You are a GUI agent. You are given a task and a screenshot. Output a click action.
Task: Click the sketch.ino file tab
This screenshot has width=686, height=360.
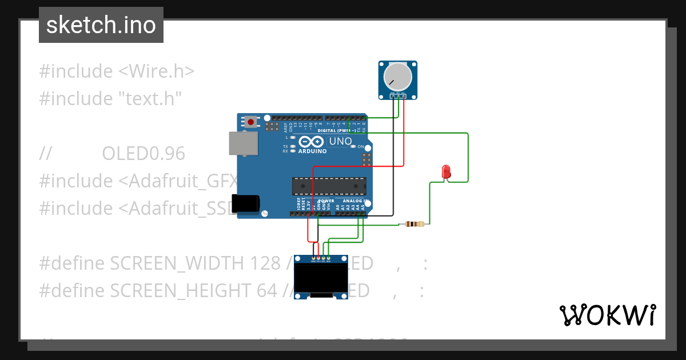click(x=101, y=25)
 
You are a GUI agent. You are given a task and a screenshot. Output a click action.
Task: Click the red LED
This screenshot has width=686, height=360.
click(x=446, y=171)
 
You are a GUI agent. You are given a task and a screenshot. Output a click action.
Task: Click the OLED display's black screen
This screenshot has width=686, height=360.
click(x=321, y=278)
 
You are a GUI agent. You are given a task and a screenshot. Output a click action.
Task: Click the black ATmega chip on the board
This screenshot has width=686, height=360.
click(x=329, y=186)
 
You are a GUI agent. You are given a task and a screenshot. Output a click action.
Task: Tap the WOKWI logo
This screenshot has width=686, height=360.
click(x=607, y=315)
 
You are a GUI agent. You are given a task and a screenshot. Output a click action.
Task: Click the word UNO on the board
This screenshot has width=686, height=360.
click(x=340, y=141)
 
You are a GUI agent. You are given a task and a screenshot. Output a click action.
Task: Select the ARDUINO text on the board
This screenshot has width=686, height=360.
click(x=312, y=151)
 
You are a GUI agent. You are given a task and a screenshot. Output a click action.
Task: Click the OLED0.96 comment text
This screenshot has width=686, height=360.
click(x=143, y=154)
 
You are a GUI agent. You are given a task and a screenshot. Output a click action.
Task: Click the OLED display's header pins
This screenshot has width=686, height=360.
click(x=321, y=259)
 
